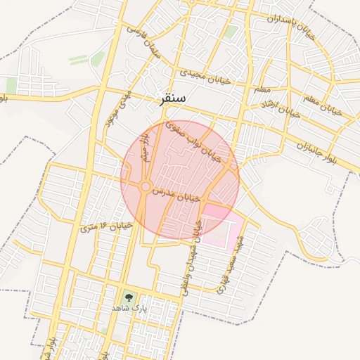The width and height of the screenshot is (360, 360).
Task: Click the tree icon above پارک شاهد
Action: coord(128,297)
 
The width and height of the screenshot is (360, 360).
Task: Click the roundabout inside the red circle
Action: coord(145,186)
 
